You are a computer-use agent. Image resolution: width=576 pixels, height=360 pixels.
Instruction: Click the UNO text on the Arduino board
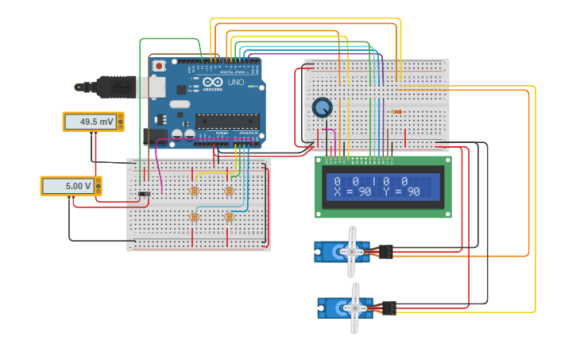pyautogui.click(x=236, y=82)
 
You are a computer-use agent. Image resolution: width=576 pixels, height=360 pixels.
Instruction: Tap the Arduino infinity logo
pyautogui.click(x=213, y=82)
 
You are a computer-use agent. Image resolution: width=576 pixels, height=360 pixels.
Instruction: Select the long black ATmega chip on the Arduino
pyautogui.click(x=227, y=122)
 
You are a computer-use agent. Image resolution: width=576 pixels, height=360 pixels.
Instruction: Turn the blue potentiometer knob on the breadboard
pyautogui.click(x=322, y=107)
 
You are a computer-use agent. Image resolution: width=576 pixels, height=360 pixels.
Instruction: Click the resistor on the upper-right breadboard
pyautogui.click(x=396, y=111)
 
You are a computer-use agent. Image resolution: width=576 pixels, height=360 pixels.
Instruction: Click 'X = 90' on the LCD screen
pyautogui.click(x=353, y=192)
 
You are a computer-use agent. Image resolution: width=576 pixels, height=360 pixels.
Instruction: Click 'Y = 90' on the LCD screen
pyautogui.click(x=402, y=192)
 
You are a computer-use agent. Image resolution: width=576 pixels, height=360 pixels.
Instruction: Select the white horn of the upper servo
pyautogui.click(x=351, y=251)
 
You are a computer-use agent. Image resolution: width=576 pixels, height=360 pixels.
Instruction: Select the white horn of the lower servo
pyautogui.click(x=354, y=307)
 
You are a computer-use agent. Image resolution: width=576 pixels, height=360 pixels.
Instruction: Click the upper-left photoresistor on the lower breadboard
pyautogui.click(x=194, y=191)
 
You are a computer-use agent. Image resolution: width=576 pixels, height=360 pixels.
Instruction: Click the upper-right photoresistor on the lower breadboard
pyautogui.click(x=229, y=191)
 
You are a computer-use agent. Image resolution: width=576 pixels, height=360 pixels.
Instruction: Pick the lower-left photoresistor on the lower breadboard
pyautogui.click(x=194, y=217)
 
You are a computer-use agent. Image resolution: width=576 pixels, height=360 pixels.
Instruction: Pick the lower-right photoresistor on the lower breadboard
pyautogui.click(x=229, y=217)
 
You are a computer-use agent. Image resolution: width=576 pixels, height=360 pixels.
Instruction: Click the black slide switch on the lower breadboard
pyautogui.click(x=144, y=194)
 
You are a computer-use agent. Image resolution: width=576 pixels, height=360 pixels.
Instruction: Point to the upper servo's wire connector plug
pyautogui.click(x=385, y=251)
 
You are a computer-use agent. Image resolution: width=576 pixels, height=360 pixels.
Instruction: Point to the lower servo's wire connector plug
pyautogui.click(x=389, y=307)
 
